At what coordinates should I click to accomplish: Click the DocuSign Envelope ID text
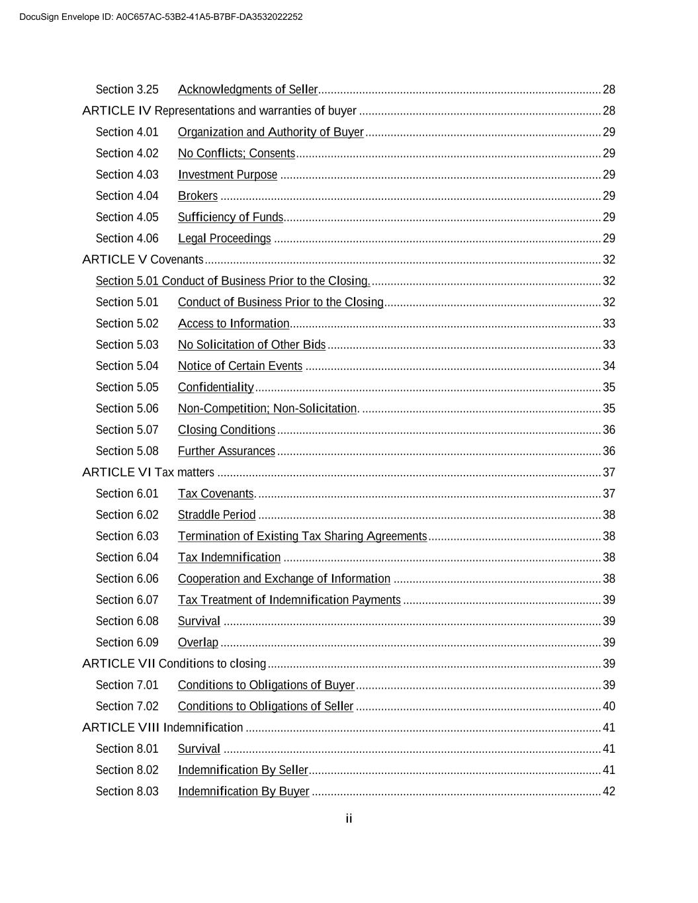[161, 17]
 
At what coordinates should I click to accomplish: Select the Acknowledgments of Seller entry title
[247, 89]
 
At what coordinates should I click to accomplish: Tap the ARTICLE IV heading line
[219, 110]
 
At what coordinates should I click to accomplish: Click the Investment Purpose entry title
[228, 175]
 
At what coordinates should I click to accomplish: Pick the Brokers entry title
[197, 196]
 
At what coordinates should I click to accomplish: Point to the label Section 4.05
[127, 217]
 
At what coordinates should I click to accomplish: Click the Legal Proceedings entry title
[224, 238]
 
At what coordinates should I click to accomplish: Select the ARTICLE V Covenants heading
[143, 259]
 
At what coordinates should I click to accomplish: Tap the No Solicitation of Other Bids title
[251, 345]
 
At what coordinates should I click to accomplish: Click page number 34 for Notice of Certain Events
[609, 366]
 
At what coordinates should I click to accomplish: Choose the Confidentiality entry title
[216, 387]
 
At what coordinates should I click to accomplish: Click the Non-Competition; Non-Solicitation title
[267, 408]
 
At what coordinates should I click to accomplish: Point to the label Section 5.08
[127, 451]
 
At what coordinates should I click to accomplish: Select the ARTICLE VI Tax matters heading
[148, 472]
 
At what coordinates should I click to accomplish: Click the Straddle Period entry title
[216, 515]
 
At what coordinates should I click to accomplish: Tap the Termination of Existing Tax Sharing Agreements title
[302, 536]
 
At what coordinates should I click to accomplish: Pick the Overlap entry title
[198, 642]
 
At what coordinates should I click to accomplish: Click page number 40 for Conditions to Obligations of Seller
[609, 707]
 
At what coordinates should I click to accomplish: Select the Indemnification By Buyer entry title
[243, 791]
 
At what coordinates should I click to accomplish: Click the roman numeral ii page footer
[349, 819]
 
